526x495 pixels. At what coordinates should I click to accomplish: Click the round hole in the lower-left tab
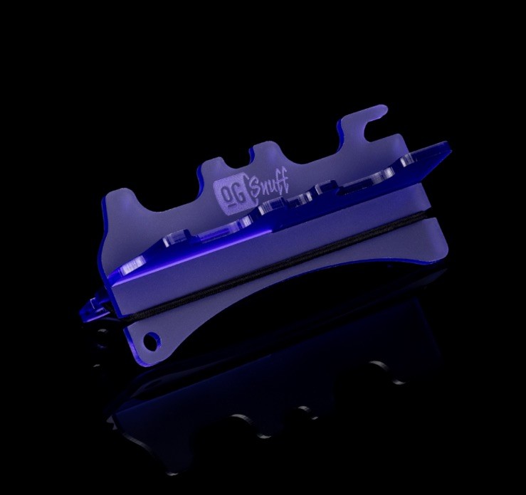click(x=152, y=341)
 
